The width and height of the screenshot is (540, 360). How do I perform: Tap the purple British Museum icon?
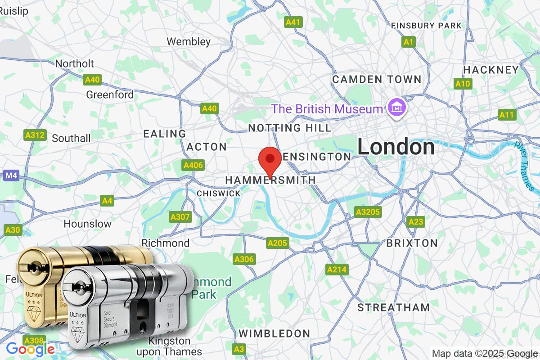click(x=396, y=108)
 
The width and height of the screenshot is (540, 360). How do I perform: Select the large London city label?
click(x=396, y=147)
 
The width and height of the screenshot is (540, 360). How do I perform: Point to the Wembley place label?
click(x=189, y=42)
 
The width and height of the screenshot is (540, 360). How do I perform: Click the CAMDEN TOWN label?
click(x=377, y=80)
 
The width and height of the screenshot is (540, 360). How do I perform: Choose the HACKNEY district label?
click(x=491, y=70)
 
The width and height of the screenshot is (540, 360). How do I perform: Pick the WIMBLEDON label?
click(x=274, y=333)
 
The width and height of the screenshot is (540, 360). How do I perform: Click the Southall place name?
click(x=71, y=138)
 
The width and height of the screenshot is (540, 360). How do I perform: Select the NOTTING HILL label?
click(x=289, y=128)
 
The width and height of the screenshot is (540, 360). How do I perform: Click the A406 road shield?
click(x=193, y=165)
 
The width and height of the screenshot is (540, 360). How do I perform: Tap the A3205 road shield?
click(x=368, y=212)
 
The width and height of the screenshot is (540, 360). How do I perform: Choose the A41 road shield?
click(x=294, y=22)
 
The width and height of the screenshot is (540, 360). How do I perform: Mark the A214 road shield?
click(x=337, y=270)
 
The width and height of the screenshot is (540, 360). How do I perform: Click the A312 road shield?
click(x=35, y=135)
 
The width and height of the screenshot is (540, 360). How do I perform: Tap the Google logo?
click(x=30, y=349)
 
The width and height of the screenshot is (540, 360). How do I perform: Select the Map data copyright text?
click(x=485, y=353)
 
